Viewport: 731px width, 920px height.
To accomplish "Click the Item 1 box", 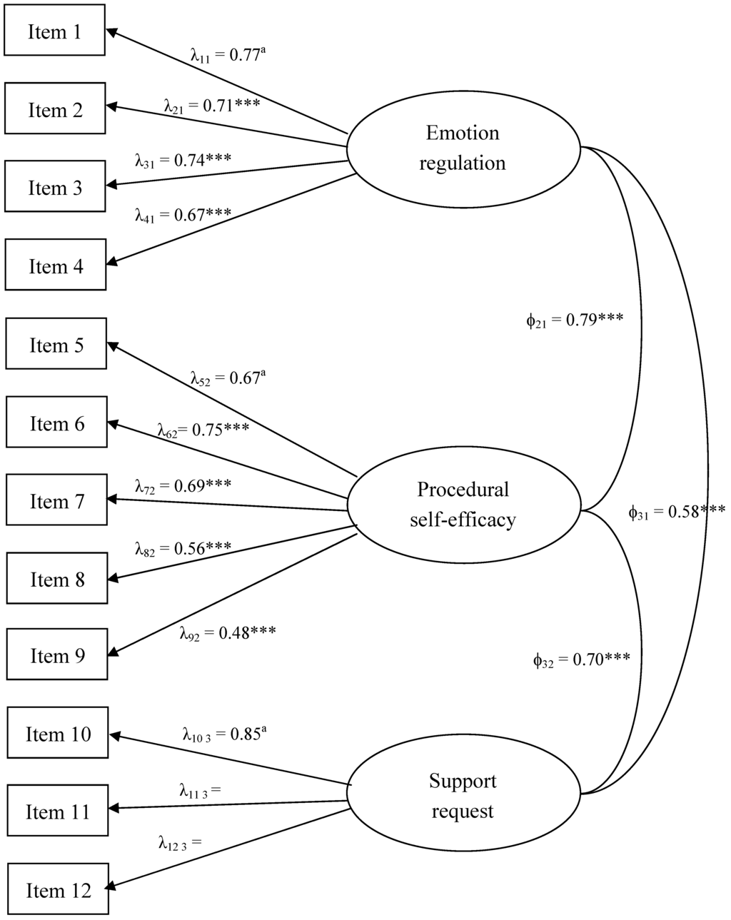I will point(54,31).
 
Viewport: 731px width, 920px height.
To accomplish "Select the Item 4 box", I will point(56,266).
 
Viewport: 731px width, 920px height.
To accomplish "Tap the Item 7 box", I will point(56,501).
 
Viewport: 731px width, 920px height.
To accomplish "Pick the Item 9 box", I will point(56,654).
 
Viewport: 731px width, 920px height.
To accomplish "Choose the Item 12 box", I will point(59,890).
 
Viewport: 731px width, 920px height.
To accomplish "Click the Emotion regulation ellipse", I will point(463,148).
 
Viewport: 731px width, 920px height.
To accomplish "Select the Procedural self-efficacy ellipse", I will point(463,505).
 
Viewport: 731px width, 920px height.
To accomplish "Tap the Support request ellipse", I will point(463,796).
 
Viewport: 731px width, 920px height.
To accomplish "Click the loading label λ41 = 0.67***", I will point(183,214).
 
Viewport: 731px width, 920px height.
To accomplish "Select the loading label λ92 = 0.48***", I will point(227,632).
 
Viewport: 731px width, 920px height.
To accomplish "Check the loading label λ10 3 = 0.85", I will point(223,734).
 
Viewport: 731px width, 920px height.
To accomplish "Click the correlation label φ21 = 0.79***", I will point(574,320).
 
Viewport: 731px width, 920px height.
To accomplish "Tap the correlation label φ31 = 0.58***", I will point(676,511).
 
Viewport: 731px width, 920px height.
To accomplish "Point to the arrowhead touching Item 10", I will point(115,736).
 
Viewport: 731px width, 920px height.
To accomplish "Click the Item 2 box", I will point(55,109).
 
